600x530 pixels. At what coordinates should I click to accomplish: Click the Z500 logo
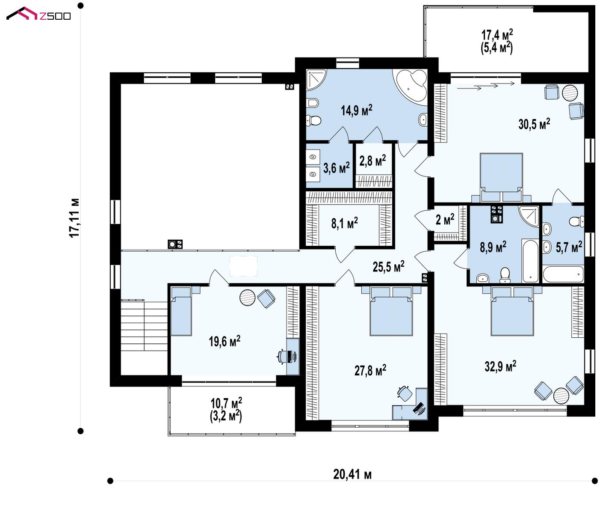pos(38,14)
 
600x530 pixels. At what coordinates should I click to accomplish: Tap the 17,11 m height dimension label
pos(75,218)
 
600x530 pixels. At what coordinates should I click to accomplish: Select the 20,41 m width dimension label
pos(352,475)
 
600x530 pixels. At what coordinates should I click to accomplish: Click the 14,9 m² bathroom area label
pos(356,110)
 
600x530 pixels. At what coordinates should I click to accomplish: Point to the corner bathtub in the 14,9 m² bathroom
pos(410,86)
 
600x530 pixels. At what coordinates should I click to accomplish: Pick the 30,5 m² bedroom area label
pos(534,124)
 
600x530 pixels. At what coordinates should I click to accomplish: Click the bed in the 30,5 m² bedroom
pos(501,177)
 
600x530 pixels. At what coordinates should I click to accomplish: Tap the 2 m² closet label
pos(445,219)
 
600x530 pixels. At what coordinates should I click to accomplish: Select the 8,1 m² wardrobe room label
pos(344,223)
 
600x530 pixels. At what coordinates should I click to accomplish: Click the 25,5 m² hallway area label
pos(388,266)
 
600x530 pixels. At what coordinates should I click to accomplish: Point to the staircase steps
pos(144,325)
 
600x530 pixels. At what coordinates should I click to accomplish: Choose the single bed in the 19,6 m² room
pos(181,311)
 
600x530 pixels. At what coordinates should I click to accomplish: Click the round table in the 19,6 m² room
pos(247,298)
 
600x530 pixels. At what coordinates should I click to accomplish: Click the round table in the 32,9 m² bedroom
pos(561,396)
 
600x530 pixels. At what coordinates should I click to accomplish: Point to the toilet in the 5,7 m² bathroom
pos(576,221)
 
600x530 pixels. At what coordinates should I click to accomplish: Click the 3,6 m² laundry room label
pos(336,168)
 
